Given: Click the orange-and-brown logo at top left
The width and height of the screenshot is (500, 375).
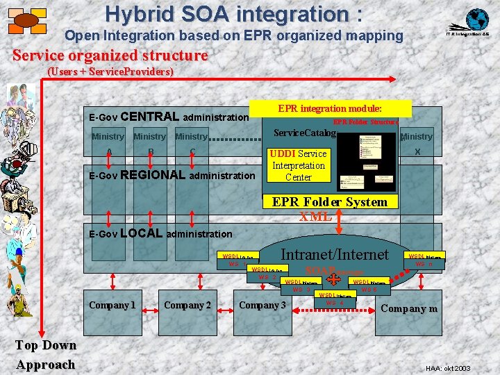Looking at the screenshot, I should tap(26, 21).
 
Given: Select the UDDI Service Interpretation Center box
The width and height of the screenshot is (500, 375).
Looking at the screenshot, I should tap(299, 165).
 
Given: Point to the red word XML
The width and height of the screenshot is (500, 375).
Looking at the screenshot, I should tap(315, 216).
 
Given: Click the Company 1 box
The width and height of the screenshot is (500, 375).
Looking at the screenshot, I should tap(112, 305).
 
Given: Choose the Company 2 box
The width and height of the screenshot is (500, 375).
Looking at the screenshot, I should tap(187, 305).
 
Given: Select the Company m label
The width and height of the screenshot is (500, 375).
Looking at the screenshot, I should tap(410, 308).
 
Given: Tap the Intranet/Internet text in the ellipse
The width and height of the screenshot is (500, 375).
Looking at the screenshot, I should tap(335, 254).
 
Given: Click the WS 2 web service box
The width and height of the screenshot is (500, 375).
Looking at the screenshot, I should tap(267, 274).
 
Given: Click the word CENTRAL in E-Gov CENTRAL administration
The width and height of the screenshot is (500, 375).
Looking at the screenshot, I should tap(155, 117).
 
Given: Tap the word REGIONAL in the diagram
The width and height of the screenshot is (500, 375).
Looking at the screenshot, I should tap(153, 175).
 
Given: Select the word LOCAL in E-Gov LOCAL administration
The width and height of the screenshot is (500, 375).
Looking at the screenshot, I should tap(142, 233).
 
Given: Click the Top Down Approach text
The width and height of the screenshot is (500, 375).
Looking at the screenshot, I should tap(46, 355).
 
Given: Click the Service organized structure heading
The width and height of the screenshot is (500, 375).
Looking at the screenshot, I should tap(110, 55).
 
